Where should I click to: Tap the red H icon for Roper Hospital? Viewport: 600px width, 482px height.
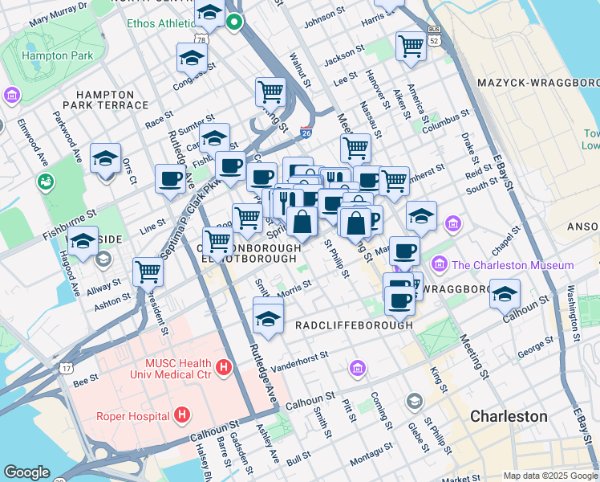pos(183,415)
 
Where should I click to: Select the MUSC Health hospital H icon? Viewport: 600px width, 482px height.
pos(224,368)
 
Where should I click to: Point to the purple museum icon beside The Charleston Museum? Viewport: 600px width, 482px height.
pos(440,264)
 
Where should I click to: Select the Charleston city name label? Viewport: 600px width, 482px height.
pos(509,416)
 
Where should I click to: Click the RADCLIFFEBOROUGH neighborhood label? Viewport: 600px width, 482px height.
pos(354,325)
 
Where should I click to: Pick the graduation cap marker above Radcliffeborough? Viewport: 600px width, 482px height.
pos(268,317)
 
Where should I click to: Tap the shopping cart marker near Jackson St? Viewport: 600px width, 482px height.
pos(411,45)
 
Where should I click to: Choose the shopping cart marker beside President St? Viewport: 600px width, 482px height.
pos(148,272)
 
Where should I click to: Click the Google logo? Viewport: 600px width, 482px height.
pos(26,472)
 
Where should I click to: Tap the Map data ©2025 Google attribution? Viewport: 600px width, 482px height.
pos(550,476)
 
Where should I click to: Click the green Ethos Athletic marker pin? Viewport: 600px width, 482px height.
pos(234,22)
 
